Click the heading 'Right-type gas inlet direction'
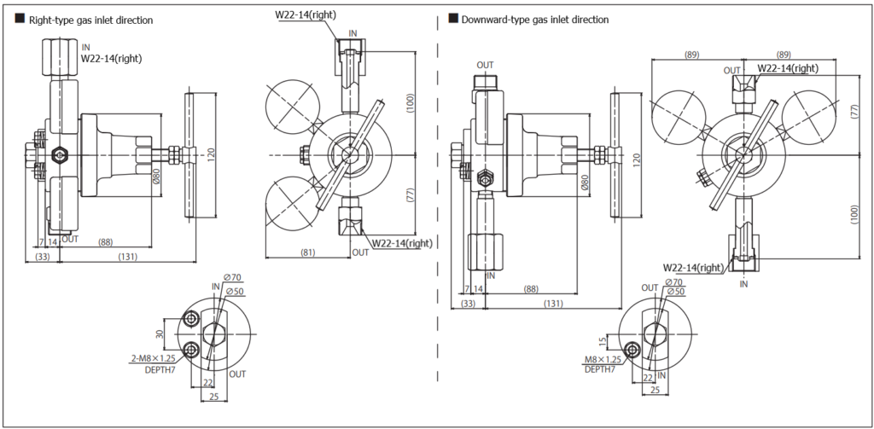click(90, 20)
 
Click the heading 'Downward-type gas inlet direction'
click(534, 19)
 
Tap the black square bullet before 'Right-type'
click(20, 19)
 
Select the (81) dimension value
click(309, 252)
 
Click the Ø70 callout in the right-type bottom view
click(232, 278)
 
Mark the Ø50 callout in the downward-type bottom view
click(675, 292)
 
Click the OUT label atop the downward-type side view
click(485, 65)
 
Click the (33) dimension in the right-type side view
click(42, 256)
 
